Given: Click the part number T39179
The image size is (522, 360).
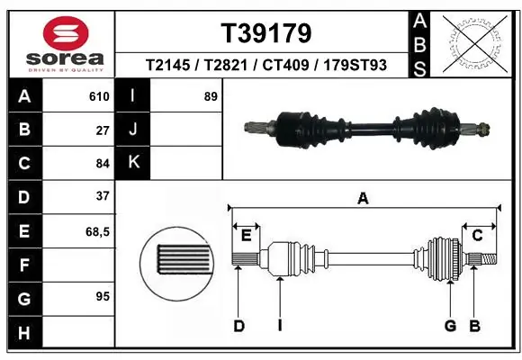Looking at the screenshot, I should pos(266,33).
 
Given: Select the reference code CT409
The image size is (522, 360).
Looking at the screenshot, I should pos(298,66).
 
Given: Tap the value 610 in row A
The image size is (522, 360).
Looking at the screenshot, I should pos(99,96).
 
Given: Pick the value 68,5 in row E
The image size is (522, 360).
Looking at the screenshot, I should pos(97,231).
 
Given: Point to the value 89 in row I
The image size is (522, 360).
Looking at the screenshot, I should pos(211,96).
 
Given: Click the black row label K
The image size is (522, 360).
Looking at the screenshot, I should pos(134,162).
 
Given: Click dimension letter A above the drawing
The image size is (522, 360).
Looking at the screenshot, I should pos(363,199).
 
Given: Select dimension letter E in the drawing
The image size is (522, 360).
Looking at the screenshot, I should pos(246,236).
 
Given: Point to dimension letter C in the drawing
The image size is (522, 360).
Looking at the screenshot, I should pos(478,236).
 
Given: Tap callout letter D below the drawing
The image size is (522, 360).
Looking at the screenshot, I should pos(238,326).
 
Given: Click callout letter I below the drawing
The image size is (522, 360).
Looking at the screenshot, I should pos(280,326).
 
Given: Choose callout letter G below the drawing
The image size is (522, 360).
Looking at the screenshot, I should pos(449,326).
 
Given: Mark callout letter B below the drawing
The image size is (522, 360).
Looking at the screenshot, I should pos(474,326).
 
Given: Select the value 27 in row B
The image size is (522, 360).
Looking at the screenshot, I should pos(102,130).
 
